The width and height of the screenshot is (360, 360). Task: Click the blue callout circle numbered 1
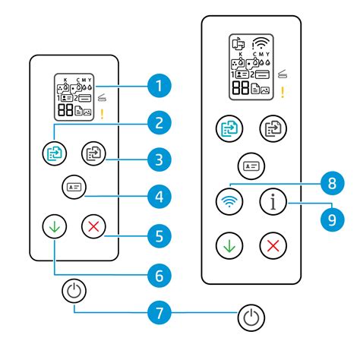click(x=159, y=86)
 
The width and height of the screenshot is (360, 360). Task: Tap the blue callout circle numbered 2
click(x=159, y=123)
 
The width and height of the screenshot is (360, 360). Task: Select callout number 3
click(x=159, y=159)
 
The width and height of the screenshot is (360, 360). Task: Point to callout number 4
click(x=159, y=197)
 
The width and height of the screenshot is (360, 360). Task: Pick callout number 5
click(x=159, y=236)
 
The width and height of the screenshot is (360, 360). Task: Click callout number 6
click(x=159, y=276)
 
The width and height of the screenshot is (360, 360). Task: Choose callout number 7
click(x=159, y=313)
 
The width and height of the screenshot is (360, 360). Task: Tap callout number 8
click(x=333, y=183)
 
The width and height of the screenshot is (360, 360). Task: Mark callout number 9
click(x=333, y=219)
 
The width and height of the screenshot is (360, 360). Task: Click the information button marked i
click(x=273, y=202)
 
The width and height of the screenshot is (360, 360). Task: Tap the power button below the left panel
click(x=74, y=291)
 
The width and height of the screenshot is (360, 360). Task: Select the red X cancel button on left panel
click(x=93, y=226)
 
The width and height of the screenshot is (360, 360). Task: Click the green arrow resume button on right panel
click(x=229, y=245)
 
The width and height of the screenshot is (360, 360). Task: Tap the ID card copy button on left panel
click(x=74, y=187)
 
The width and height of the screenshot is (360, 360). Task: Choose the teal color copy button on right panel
click(x=229, y=128)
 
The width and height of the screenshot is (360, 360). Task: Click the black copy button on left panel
click(x=93, y=153)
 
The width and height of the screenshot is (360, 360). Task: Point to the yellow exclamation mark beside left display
click(x=102, y=114)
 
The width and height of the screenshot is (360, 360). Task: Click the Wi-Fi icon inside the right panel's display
click(x=261, y=43)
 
